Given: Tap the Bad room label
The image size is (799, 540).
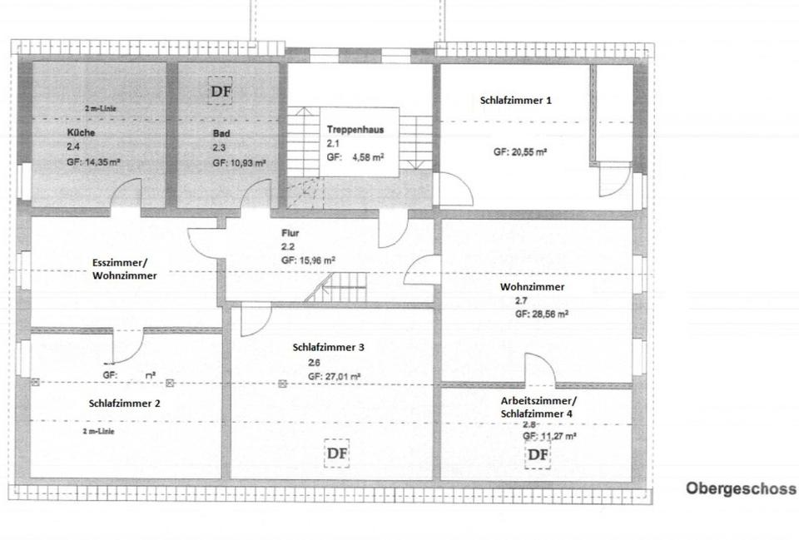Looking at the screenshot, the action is tap(221, 132).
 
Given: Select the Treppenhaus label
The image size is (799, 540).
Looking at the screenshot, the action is tap(355, 130).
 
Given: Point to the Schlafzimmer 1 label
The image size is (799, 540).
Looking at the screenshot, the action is tap(516, 100).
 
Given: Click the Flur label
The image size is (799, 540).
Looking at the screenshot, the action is tap(290, 234).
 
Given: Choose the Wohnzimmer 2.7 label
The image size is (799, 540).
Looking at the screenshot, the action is tap(532, 287).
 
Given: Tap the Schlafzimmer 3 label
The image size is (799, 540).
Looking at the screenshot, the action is tap(329, 347).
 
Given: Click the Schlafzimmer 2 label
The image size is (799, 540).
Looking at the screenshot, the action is tap(124, 403).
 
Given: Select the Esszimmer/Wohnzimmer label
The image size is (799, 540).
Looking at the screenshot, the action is tap(124, 269).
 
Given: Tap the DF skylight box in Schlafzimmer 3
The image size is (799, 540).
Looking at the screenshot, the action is tap(336, 453).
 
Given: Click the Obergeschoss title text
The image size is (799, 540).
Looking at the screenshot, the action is tap(740, 488).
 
